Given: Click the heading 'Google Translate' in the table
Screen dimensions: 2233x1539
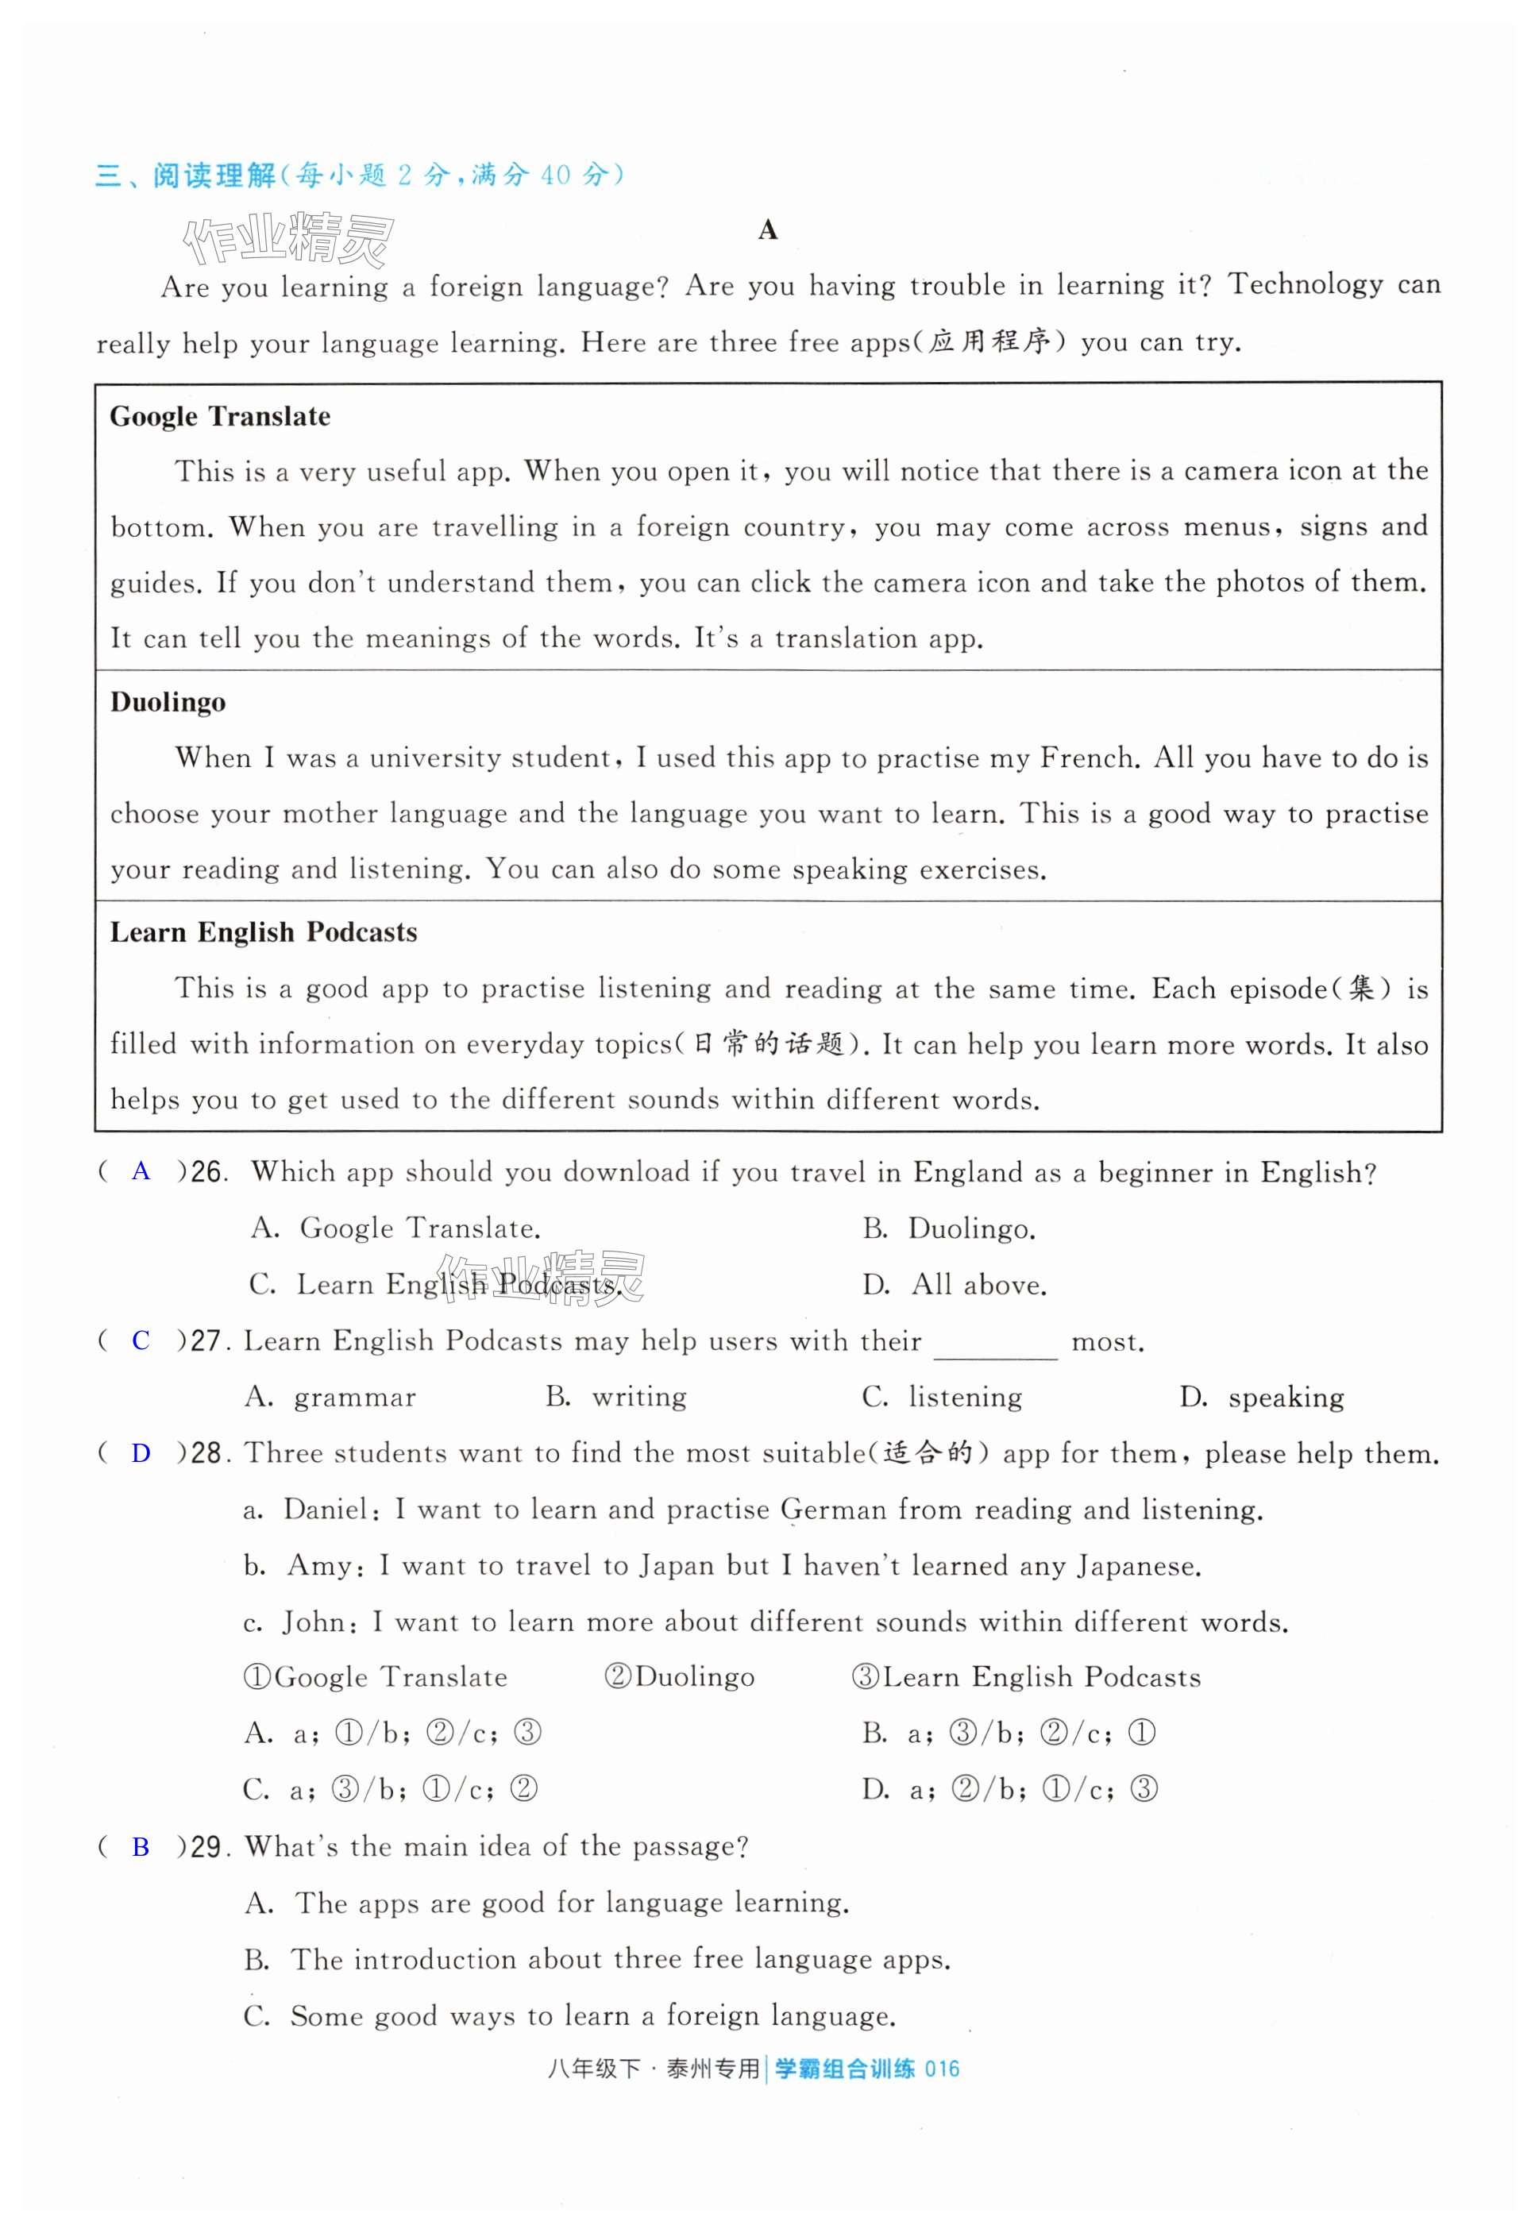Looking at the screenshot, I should tap(220, 417).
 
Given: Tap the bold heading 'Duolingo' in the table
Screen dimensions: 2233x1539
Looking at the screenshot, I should tap(168, 702).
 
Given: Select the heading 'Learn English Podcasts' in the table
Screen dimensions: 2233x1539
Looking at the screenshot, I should tap(264, 932).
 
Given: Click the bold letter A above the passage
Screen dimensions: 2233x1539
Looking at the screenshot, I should tap(768, 229).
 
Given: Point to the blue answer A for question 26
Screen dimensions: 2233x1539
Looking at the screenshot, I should tap(141, 1171).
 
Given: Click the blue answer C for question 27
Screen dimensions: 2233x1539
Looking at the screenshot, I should tap(141, 1340).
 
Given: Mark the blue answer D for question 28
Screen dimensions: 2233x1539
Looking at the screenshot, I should tap(141, 1453).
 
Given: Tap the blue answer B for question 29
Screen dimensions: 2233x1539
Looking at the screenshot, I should tap(141, 1846).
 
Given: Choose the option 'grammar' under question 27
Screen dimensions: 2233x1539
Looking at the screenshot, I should tap(354, 1398).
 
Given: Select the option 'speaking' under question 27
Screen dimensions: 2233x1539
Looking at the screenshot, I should tap(1286, 1398).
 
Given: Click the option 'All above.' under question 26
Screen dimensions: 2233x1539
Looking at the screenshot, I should tap(978, 1285).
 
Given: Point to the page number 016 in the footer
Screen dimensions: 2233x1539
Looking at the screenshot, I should tap(942, 2068).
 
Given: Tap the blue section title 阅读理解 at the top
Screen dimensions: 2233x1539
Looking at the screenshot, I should tap(214, 175).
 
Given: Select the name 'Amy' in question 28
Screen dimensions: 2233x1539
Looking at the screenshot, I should tap(319, 1566).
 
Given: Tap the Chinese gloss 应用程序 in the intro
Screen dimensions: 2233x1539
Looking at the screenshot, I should tap(989, 343).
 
